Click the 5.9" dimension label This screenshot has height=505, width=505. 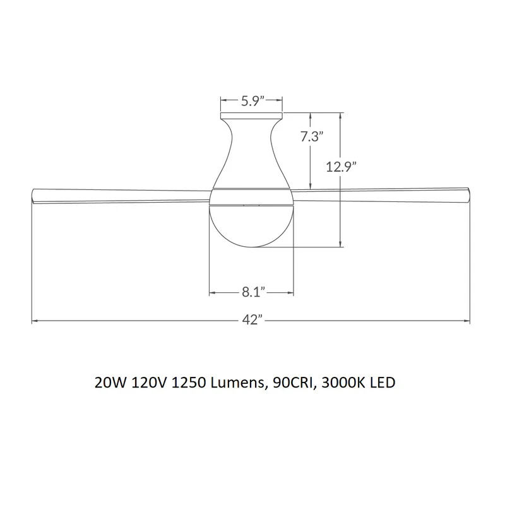[253, 101]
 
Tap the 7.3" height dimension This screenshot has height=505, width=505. [312, 136]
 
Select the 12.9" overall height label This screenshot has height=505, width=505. [342, 167]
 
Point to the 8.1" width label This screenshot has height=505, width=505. [254, 292]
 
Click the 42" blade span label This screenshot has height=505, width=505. [252, 320]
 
